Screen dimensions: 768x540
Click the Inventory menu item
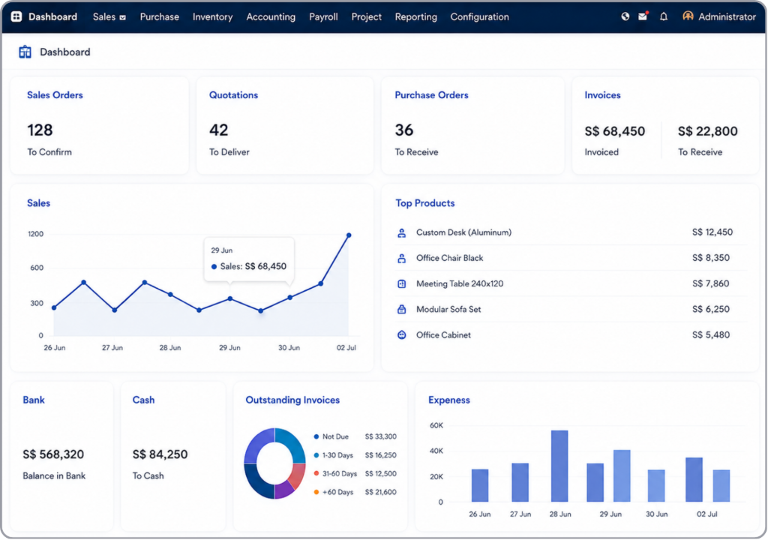(212, 16)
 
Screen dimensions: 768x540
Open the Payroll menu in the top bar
(323, 16)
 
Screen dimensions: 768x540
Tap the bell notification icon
(663, 16)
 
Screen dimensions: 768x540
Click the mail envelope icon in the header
(643, 16)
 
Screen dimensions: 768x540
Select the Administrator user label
(727, 16)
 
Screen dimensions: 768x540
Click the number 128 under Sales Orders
(40, 130)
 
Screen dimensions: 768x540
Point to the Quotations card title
(234, 95)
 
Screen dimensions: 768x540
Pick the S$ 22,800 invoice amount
(707, 130)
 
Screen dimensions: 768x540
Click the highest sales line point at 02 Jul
(349, 235)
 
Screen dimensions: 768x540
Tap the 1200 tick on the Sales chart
(36, 234)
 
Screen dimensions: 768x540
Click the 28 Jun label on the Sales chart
(170, 347)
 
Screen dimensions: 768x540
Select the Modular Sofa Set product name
(448, 309)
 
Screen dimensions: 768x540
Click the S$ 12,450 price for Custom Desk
(712, 232)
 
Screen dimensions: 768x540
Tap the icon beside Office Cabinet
(402, 334)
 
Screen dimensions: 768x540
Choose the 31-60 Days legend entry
(340, 473)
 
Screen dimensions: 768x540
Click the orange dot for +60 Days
(316, 492)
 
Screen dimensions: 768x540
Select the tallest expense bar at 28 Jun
(559, 466)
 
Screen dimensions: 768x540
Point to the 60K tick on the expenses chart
(436, 425)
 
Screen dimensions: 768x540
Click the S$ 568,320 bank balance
(53, 454)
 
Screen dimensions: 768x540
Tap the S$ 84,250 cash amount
(160, 454)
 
